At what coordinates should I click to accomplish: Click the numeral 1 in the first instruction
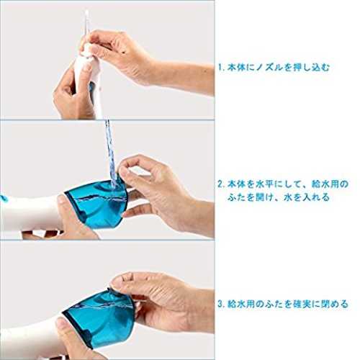point(220,68)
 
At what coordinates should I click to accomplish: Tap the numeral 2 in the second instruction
point(220,184)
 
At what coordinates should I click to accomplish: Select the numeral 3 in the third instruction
point(220,305)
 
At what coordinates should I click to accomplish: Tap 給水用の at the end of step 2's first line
point(330,184)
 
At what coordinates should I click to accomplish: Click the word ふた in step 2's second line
point(237,197)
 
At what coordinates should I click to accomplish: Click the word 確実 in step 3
point(303,305)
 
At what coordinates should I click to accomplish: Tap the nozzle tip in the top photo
point(86,12)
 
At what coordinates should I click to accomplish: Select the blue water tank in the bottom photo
point(99,319)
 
